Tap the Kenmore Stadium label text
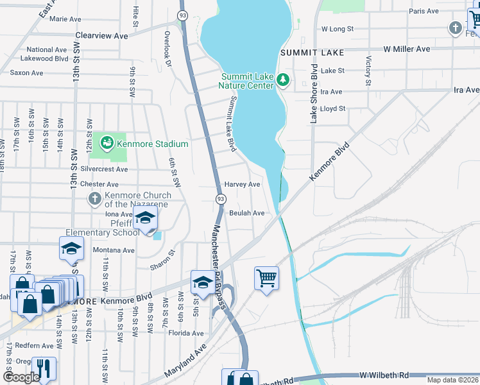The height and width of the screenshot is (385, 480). (x=153, y=144)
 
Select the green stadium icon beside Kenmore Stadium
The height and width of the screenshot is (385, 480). (x=107, y=141)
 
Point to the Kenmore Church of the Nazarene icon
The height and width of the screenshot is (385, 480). (x=94, y=198)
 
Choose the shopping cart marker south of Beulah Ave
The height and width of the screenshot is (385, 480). (x=266, y=278)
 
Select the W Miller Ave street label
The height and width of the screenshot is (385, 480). (x=407, y=49)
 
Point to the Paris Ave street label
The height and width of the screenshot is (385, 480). (x=424, y=11)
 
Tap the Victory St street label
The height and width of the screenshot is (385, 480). (x=368, y=71)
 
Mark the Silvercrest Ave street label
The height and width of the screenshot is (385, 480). (x=105, y=169)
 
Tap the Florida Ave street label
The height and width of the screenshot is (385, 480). (x=185, y=333)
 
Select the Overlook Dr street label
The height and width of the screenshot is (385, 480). (x=167, y=49)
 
